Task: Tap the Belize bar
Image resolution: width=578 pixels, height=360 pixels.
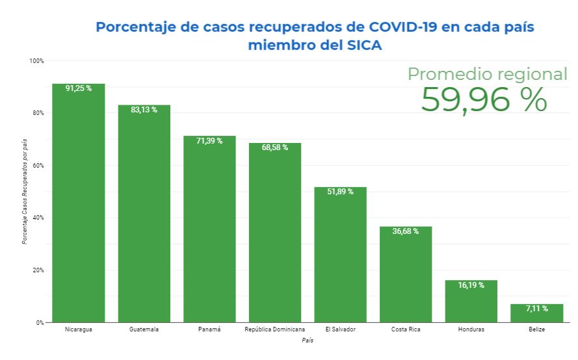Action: point(536,314)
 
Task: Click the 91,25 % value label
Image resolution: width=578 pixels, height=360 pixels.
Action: point(79,88)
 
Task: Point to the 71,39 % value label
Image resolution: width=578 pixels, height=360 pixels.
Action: point(209,140)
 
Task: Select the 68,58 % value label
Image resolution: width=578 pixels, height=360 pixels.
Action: point(275,148)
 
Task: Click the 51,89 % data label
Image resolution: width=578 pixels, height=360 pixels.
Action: point(340,192)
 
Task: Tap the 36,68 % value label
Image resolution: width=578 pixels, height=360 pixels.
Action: point(406,231)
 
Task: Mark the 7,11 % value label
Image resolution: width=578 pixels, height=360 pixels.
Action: point(536,308)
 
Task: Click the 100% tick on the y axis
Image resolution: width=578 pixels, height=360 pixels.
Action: point(36,61)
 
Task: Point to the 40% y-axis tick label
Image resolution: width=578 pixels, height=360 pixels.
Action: point(38,218)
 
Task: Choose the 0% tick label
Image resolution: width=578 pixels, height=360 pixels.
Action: point(40,322)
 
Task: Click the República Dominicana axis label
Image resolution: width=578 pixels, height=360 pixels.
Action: point(274,330)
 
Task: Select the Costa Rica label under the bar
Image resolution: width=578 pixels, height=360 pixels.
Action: point(406,330)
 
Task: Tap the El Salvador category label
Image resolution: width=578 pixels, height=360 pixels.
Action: point(340,330)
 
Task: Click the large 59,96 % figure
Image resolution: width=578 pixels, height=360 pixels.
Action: point(484,99)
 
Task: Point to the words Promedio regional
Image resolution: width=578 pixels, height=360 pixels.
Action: point(487,74)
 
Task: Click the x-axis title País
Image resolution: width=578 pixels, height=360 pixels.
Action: point(308,341)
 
